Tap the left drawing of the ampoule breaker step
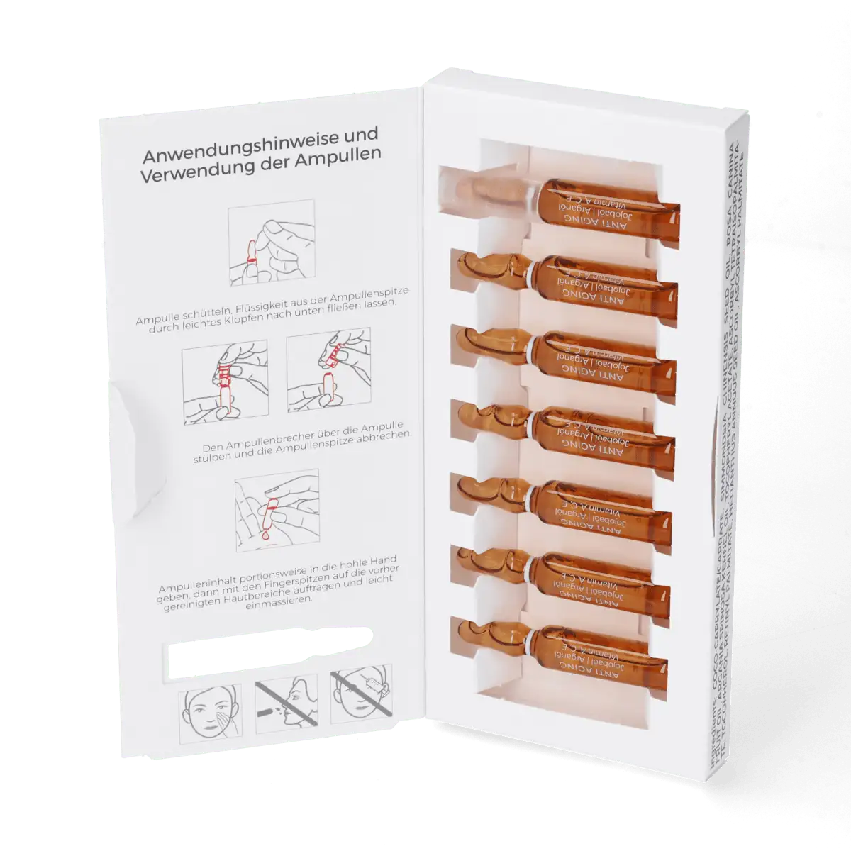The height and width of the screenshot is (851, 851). (x=224, y=382)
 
